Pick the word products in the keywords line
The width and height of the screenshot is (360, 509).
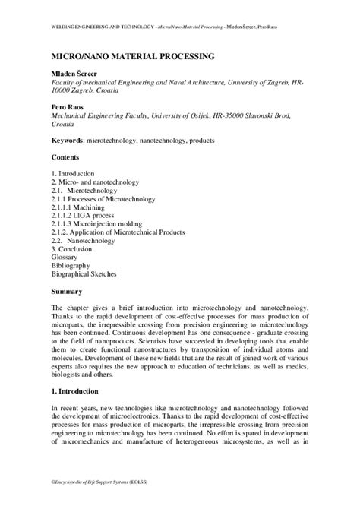point(198,141)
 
